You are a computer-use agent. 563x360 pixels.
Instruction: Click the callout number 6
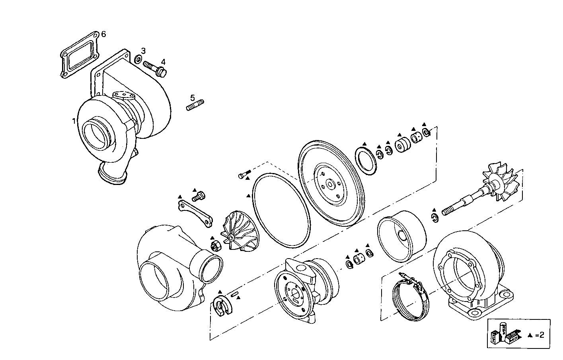coord(103,34)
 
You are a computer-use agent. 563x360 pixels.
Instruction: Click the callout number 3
coord(143,51)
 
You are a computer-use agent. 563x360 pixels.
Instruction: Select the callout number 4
coord(163,62)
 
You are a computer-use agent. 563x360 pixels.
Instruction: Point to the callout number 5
coord(193,97)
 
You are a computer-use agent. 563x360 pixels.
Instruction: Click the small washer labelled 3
coord(138,60)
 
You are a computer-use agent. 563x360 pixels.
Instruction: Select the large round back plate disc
coord(331,184)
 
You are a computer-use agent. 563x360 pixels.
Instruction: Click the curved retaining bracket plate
coord(195,215)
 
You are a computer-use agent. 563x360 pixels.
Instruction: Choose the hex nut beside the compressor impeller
coord(215,247)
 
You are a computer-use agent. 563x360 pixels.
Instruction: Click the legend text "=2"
coord(540,335)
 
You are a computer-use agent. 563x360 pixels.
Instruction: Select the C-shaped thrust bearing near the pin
coord(220,306)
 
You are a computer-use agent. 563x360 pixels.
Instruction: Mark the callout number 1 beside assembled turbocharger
coord(74,121)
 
